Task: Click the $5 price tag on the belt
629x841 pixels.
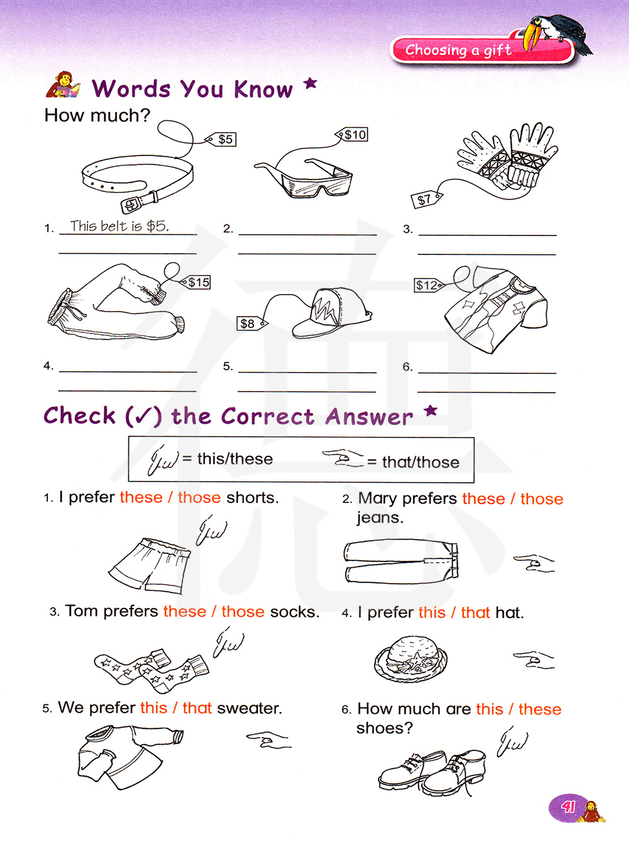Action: [221, 139]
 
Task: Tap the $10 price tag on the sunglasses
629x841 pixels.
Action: [352, 135]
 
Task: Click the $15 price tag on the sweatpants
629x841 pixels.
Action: [195, 283]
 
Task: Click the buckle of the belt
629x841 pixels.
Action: [131, 205]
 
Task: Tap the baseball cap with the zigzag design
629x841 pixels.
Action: [331, 313]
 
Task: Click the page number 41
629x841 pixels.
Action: [568, 807]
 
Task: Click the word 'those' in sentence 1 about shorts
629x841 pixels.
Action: [199, 497]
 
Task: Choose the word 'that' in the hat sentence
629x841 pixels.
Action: [475, 612]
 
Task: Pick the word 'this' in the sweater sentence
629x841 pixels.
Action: [154, 708]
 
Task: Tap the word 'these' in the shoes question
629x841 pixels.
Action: [540, 709]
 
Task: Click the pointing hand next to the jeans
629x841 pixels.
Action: [534, 563]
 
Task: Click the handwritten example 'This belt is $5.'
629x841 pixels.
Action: [120, 226]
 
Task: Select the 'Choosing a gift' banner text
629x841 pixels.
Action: [459, 50]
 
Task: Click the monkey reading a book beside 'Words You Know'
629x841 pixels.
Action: [63, 84]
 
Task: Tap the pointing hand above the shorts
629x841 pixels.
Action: [211, 529]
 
